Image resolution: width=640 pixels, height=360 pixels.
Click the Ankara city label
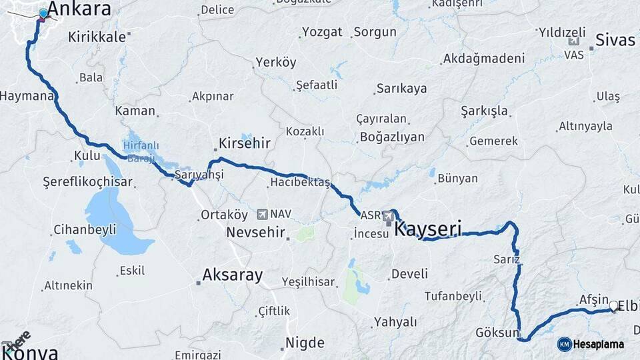coord(79,9)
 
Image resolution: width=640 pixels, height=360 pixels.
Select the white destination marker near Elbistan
coord(613,306)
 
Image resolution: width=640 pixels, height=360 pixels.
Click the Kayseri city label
coord(428,229)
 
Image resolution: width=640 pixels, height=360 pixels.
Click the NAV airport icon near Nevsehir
coord(262,215)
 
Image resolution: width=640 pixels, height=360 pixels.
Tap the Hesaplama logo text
coord(599,344)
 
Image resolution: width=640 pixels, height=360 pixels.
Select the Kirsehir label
coord(244,144)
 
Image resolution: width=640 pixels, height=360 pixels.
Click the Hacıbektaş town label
coord(300,183)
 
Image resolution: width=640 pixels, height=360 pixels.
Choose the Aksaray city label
coord(233,275)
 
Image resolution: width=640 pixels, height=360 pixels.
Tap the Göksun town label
coord(497,332)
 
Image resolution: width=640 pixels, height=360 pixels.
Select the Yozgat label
coord(322,32)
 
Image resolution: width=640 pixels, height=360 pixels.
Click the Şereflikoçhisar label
coord(88,182)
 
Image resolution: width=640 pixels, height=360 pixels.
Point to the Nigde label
coord(305,343)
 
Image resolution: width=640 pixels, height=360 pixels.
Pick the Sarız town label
coord(507,259)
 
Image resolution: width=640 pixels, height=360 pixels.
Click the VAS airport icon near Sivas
coord(573,42)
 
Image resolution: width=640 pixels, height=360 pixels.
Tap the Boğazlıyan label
coord(392,137)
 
